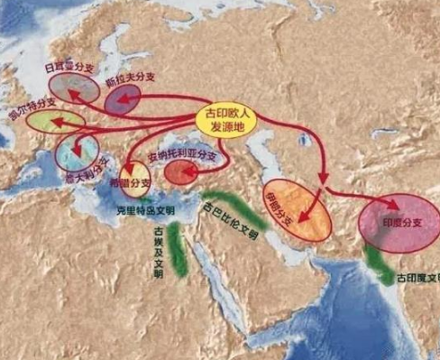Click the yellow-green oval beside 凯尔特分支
[55, 120]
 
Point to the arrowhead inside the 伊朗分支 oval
[306, 218]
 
